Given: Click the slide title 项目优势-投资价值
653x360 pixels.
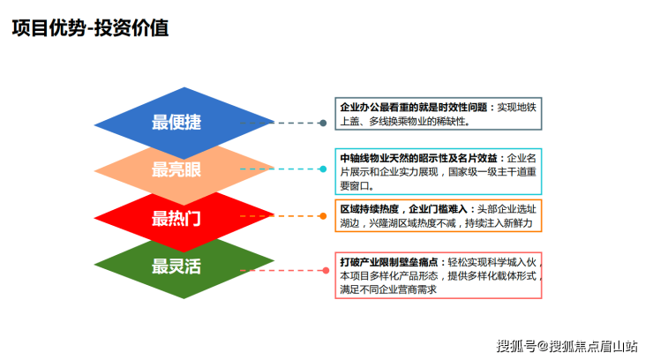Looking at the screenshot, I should click(x=89, y=28).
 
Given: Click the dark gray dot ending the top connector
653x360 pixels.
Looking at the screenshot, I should click(x=323, y=123).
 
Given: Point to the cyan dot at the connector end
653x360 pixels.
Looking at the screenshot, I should click(x=323, y=169).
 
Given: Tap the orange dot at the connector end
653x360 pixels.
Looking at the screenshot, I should click(x=323, y=215).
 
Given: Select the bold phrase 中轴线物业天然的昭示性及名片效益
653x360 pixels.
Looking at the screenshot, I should click(x=420, y=158).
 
